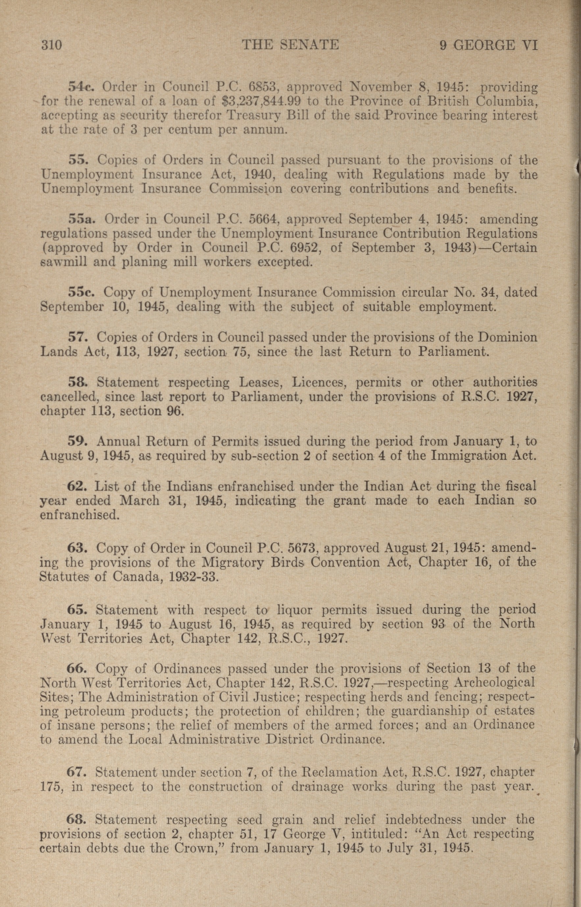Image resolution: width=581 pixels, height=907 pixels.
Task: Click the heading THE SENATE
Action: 290,45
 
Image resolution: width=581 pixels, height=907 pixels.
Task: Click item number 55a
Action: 83,219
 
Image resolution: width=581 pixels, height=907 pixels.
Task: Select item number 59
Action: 78,441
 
